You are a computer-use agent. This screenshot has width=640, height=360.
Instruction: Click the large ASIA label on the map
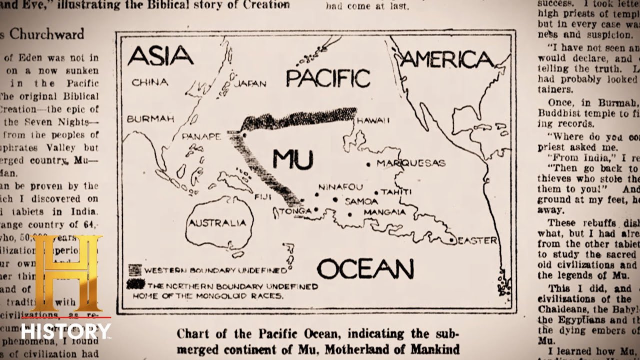point(160,55)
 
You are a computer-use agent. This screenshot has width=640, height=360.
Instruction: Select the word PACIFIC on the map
point(328,78)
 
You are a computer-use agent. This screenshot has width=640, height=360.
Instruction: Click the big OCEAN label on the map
point(365,269)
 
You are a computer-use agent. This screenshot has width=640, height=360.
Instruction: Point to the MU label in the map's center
point(292,159)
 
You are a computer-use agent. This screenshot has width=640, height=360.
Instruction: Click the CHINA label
point(149,82)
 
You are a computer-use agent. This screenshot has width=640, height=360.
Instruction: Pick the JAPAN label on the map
point(250,83)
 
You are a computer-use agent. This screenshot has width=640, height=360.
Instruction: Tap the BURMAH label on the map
point(150,119)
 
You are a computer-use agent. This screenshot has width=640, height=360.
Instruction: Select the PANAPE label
point(201,136)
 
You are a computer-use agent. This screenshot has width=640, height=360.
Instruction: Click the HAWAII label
point(372,120)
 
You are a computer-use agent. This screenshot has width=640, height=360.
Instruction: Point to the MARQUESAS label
point(410,163)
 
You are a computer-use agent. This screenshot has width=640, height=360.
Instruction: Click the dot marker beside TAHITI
point(376,192)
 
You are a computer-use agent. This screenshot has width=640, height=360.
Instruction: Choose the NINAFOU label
point(340,187)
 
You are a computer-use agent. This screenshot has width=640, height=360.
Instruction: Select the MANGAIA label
point(384,212)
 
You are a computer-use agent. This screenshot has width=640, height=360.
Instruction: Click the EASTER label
point(477,240)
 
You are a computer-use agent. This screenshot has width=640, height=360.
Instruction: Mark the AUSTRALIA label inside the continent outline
point(217,223)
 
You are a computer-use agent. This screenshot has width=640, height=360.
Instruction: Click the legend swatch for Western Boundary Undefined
point(135,270)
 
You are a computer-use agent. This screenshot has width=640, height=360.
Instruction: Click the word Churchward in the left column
point(47,34)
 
